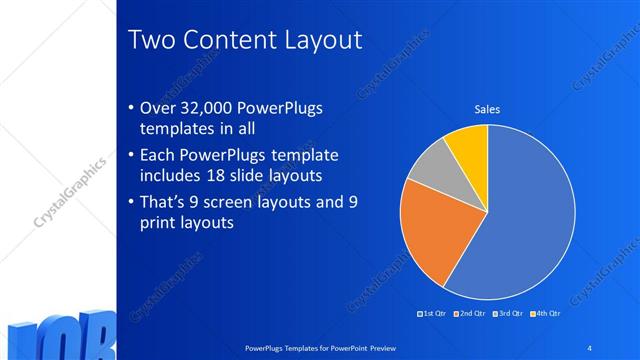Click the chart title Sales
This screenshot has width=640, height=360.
(487, 109)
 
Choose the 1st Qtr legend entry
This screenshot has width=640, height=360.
(433, 314)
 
